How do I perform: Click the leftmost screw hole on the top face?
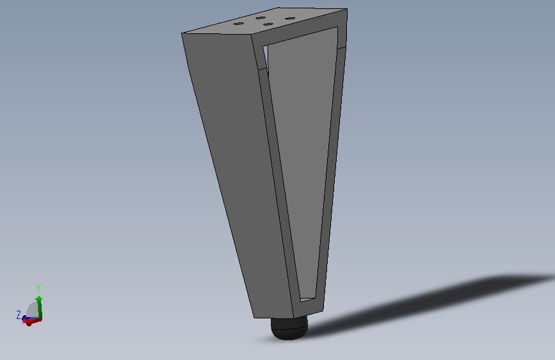click(x=239, y=24)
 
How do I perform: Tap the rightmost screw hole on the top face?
click(x=290, y=18)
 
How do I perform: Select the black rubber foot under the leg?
click(x=289, y=328)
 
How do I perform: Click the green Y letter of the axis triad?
click(x=38, y=288)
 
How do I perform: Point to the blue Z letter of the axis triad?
click(x=19, y=315)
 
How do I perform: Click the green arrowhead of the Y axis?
click(x=39, y=299)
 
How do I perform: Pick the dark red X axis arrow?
click(x=32, y=322)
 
